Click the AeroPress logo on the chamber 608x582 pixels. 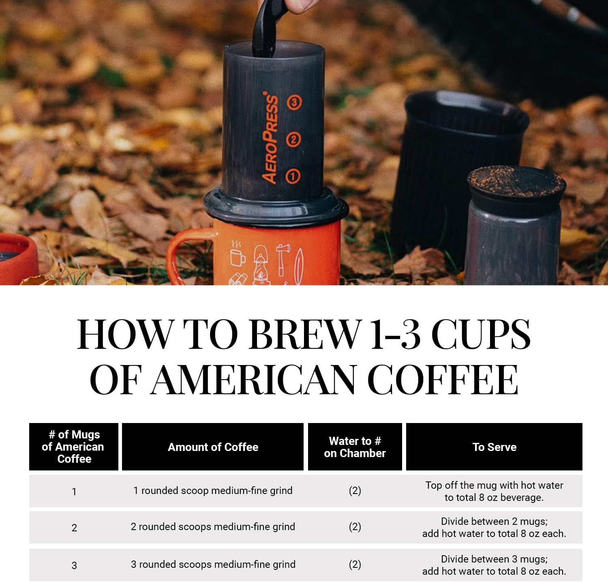coord(270,138)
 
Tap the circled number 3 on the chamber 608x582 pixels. coord(294,102)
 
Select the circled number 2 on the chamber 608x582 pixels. coord(293,140)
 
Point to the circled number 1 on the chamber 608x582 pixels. coord(293,176)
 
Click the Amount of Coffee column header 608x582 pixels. coord(213,447)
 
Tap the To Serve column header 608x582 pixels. coord(494,447)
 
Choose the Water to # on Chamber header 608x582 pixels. coord(355,447)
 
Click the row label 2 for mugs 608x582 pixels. coord(74,528)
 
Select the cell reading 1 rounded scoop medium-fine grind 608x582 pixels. coord(213,491)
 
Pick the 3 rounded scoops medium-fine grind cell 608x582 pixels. coord(213,565)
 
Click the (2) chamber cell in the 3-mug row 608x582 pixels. coord(355,565)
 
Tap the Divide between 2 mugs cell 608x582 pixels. coord(494,527)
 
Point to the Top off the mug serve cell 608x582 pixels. coord(494,491)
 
